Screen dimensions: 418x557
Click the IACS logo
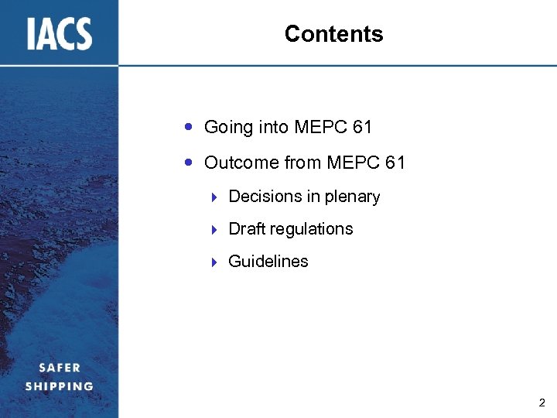(x=60, y=33)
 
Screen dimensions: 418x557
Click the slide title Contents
(x=333, y=34)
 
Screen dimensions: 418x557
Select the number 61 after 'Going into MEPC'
(x=361, y=127)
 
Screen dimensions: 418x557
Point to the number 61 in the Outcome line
(x=395, y=163)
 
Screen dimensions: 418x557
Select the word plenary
(x=353, y=197)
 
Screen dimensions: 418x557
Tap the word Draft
(x=246, y=229)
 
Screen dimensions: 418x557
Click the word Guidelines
(x=268, y=262)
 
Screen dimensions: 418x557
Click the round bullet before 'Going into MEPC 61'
(x=190, y=126)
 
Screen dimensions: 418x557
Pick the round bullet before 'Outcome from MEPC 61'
(x=190, y=162)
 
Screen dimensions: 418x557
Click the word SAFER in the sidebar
(x=60, y=368)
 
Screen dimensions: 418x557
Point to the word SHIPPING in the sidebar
(x=60, y=385)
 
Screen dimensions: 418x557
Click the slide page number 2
(x=542, y=403)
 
